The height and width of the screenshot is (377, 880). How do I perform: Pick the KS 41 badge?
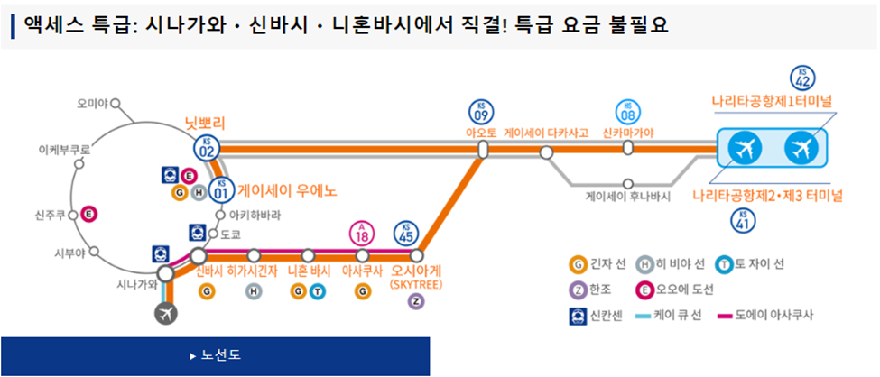click(743, 220)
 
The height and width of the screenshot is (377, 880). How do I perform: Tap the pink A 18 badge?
click(363, 233)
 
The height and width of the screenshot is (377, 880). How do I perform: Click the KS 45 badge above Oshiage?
click(406, 233)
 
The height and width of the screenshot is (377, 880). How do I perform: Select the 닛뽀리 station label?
click(204, 121)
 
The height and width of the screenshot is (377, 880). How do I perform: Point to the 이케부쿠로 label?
click(64, 147)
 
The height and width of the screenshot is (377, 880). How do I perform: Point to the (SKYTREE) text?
click(415, 284)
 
